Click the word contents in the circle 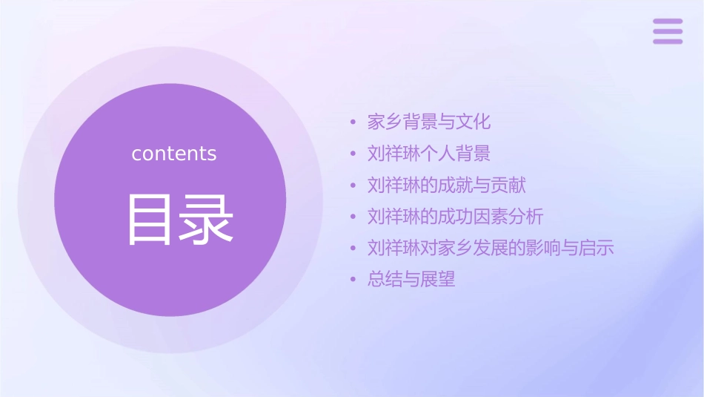[x=174, y=154]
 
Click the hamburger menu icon [x=668, y=31]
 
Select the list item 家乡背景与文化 [x=429, y=122]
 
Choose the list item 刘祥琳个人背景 [x=429, y=154]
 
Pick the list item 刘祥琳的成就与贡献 [x=447, y=185]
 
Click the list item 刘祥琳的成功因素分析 [x=456, y=217]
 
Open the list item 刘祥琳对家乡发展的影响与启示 [x=491, y=248]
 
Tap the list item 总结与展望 [x=411, y=280]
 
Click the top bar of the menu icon [x=668, y=21]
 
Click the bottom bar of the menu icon [x=668, y=42]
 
